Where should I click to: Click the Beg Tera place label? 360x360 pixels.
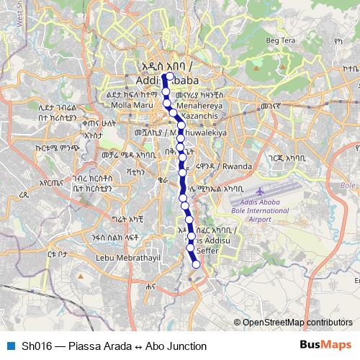point(281,40)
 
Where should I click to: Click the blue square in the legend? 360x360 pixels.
point(9,346)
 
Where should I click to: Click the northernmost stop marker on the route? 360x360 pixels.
point(171,75)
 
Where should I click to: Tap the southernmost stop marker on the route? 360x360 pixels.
point(195,263)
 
